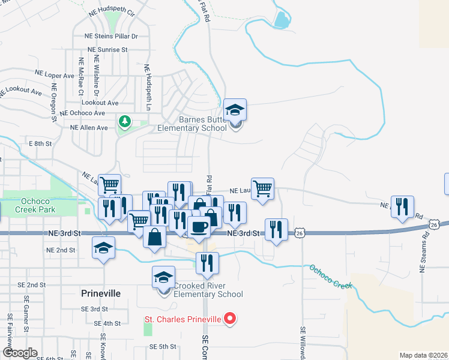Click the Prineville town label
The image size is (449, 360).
tap(101, 293)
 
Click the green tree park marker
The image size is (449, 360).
tap(125, 122)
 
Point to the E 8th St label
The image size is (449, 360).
tap(41, 144)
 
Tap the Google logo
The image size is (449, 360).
tap(19, 352)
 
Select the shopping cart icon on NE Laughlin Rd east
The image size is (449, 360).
tap(262, 188)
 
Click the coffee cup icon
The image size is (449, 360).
tap(199, 226)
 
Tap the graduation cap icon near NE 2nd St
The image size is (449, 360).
tap(103, 247)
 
